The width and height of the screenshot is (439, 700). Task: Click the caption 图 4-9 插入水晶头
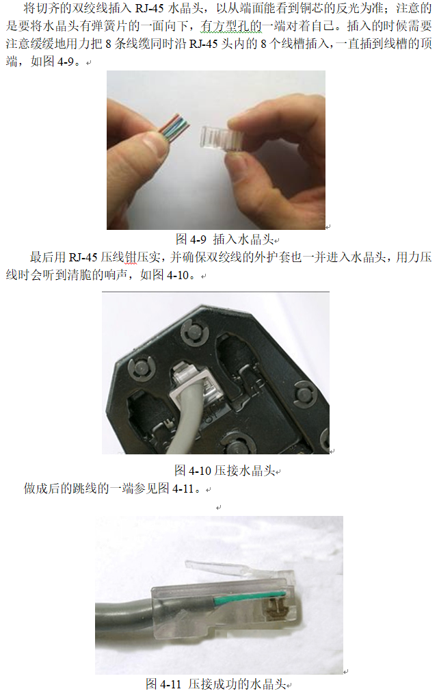(x=224, y=239)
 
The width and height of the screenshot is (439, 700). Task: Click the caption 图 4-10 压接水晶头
(x=224, y=471)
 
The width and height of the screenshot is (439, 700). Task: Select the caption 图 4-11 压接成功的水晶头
(x=216, y=684)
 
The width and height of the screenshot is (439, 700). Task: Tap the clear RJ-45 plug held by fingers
(x=222, y=138)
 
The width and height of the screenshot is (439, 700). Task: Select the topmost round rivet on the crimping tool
(x=194, y=333)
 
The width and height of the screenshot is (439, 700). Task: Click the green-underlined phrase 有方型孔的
(x=230, y=26)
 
